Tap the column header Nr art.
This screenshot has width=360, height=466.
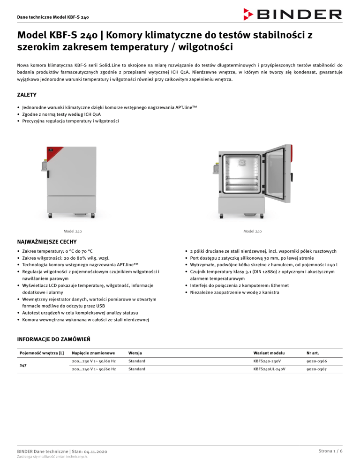314,352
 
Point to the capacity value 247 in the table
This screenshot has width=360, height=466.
22,365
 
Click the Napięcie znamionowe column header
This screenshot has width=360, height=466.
93,352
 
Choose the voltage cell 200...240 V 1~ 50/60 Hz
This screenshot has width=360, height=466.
93,369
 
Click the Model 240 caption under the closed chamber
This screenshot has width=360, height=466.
73,231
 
